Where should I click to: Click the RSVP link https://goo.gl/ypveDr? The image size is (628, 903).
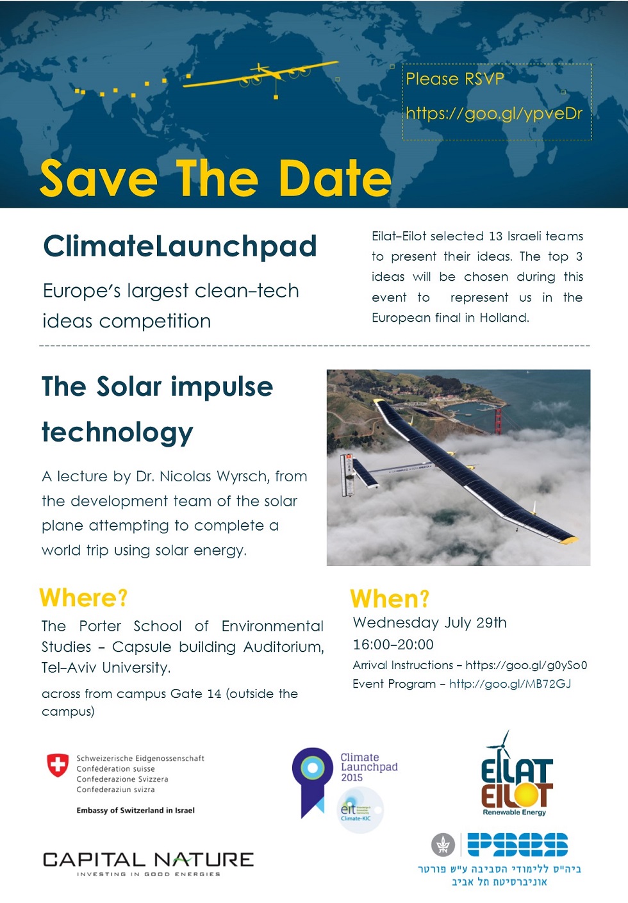pyautogui.click(x=494, y=114)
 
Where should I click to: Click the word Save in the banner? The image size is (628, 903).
pyautogui.click(x=99, y=178)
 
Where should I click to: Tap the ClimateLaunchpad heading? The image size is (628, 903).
pyautogui.click(x=180, y=247)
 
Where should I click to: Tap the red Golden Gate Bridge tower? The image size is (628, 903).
pyautogui.click(x=498, y=420)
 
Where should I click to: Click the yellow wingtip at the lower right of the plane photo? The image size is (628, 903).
pyautogui.click(x=569, y=540)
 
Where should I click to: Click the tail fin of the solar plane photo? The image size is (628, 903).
pyautogui.click(x=347, y=474)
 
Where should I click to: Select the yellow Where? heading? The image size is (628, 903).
pyautogui.click(x=83, y=598)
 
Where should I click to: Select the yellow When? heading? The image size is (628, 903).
pyautogui.click(x=390, y=599)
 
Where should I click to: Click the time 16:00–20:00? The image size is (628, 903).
pyautogui.click(x=393, y=645)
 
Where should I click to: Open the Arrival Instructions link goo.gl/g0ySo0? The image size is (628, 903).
pyautogui.click(x=526, y=665)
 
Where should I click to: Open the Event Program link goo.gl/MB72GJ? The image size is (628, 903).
pyautogui.click(x=510, y=684)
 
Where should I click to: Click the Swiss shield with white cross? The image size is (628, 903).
pyautogui.click(x=58, y=765)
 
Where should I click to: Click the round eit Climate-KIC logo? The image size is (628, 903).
pyautogui.click(x=360, y=809)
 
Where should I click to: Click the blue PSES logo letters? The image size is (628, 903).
pyautogui.click(x=518, y=845)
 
